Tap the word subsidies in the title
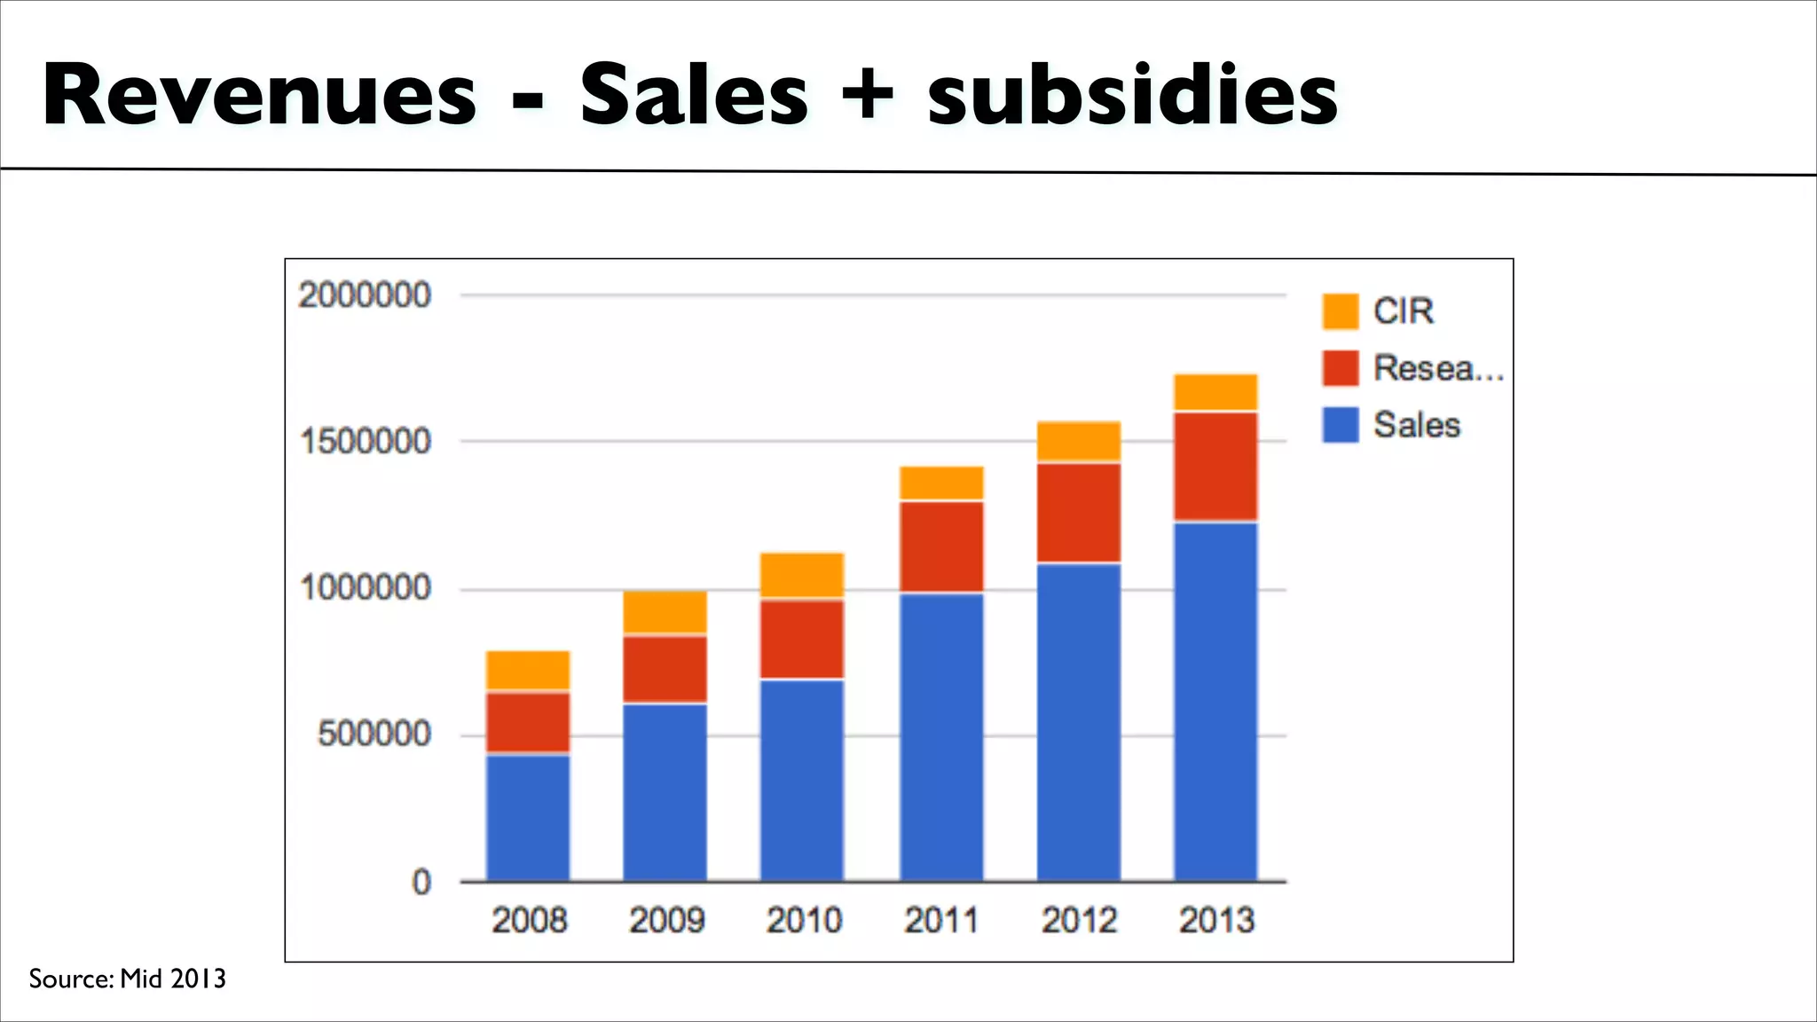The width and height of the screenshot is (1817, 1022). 1132,96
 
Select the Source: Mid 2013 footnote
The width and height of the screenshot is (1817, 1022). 128,979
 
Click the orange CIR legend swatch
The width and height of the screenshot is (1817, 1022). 1340,311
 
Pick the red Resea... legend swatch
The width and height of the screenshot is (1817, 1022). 1340,368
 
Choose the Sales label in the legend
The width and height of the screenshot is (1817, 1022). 1417,425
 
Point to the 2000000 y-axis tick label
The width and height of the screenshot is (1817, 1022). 365,295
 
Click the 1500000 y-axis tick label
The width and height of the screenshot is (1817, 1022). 365,442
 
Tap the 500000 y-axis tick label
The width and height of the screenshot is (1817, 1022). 374,735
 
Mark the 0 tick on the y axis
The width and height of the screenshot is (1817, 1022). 421,882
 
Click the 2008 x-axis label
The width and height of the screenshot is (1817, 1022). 529,920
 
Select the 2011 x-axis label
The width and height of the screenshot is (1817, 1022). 941,920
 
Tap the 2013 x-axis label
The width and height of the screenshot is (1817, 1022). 1216,920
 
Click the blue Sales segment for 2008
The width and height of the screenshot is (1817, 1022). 528,816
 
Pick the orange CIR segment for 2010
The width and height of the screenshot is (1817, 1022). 802,575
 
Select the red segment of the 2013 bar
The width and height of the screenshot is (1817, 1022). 1215,467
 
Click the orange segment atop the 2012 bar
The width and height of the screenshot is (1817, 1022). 1079,441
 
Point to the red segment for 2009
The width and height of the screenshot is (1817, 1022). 665,669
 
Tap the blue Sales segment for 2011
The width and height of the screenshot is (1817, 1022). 941,736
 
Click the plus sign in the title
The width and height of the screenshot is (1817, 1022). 867,96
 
